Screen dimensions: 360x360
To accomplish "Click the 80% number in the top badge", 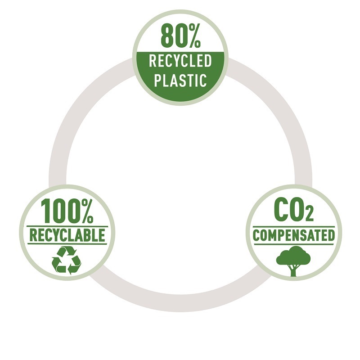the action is (181, 36).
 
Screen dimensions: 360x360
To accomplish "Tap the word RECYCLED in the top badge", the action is (180, 61).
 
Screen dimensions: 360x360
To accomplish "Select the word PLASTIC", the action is (180, 80).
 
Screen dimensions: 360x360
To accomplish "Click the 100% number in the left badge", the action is (67, 211).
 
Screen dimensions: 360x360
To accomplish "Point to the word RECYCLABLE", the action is (67, 235).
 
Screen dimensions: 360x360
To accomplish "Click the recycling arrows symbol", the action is (66, 261).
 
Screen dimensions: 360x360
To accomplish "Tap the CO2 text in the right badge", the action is (294, 209).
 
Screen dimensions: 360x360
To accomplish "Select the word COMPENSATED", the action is (294, 235).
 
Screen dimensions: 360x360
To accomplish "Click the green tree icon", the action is (293, 261).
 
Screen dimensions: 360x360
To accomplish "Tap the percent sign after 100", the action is (87, 211).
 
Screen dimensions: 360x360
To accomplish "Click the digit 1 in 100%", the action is (45, 211).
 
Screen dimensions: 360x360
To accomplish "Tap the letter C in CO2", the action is (280, 209).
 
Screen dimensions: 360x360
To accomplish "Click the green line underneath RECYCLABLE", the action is (67, 243).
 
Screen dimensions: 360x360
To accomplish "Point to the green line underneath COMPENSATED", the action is (294, 243).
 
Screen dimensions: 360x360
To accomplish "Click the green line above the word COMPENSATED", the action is (294, 227).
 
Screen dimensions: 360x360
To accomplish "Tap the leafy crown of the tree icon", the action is (293, 256).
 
